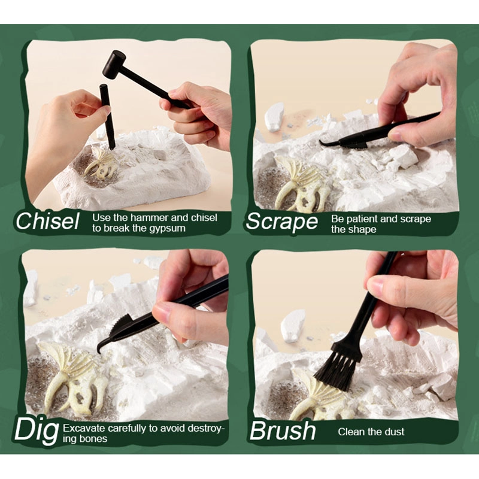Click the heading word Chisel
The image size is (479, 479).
tap(47, 221)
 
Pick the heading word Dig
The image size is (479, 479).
tap(37, 430)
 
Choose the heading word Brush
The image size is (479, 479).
tap(283, 431)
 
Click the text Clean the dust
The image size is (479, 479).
tap(371, 431)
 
